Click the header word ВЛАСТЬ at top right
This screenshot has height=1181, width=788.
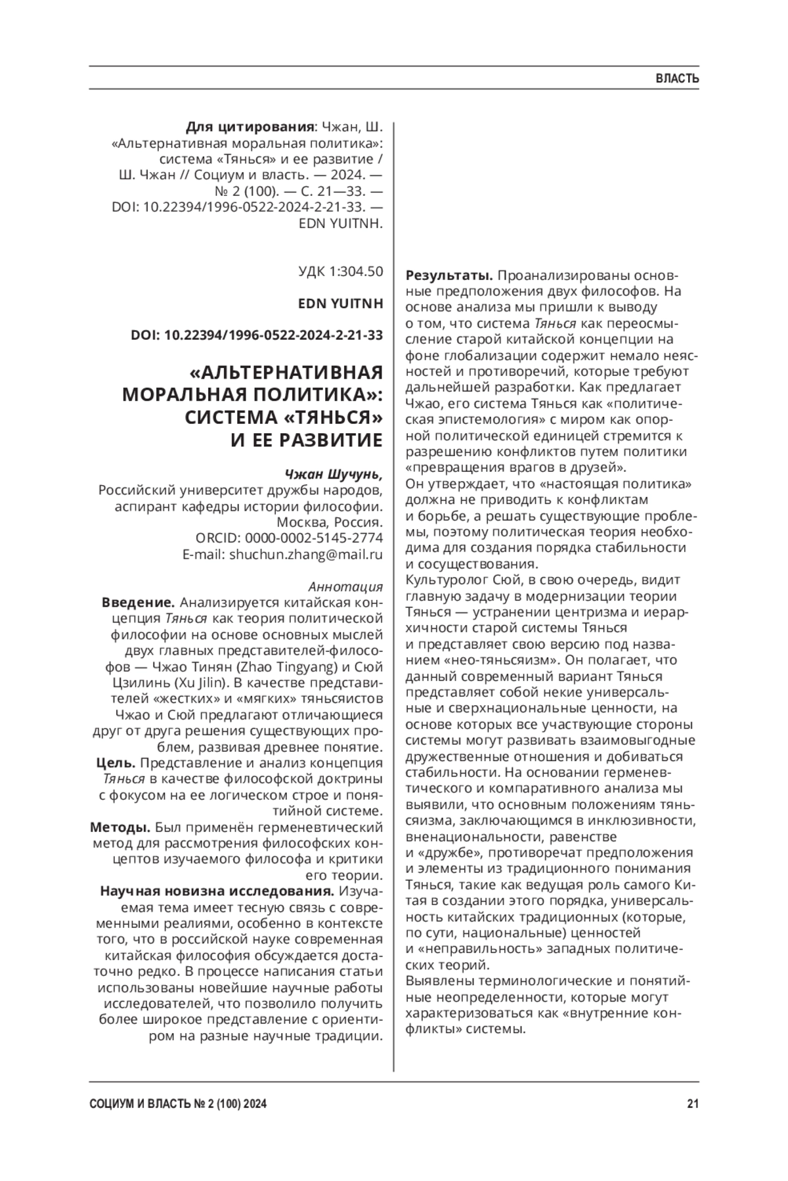click(677, 79)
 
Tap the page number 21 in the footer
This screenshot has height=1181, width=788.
click(692, 1104)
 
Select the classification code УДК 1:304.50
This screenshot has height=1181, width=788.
click(340, 271)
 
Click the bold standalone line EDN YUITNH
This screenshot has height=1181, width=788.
click(340, 303)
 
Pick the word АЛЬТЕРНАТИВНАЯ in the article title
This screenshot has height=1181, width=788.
click(286, 373)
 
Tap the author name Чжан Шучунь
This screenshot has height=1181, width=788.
click(333, 474)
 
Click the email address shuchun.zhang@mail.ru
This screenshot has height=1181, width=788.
click(305, 554)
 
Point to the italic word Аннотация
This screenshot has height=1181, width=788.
click(345, 586)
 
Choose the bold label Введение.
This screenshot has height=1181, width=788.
click(138, 602)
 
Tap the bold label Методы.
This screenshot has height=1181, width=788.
click(120, 827)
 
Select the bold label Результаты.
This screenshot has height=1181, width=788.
click(450, 275)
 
